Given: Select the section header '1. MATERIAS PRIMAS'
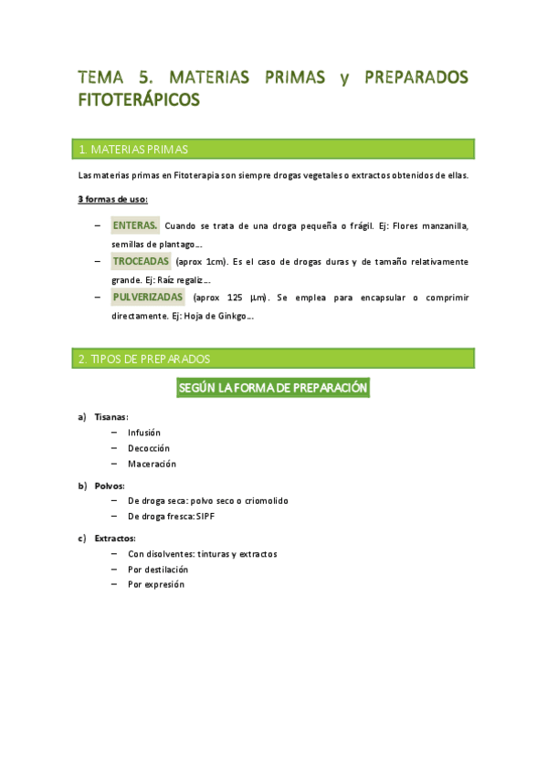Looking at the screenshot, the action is click(134, 149).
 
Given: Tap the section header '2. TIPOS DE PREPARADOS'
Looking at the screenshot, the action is click(145, 359).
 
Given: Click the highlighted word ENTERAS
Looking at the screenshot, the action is click(135, 225).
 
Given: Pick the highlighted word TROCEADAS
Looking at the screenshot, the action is click(141, 261).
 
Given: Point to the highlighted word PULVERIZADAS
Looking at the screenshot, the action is click(148, 298).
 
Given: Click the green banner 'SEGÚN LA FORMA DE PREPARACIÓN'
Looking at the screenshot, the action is click(273, 388).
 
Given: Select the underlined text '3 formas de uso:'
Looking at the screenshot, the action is click(113, 199).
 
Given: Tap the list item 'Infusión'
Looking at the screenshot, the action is click(144, 433).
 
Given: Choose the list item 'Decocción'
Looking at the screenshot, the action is click(149, 448).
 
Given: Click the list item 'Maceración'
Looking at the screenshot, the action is click(152, 464).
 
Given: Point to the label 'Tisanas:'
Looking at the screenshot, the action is click(111, 417).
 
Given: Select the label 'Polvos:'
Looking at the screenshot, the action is click(110, 486).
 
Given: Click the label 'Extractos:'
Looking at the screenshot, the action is click(115, 539).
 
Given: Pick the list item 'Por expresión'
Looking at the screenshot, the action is click(156, 584).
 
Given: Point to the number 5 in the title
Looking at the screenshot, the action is click(146, 78).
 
